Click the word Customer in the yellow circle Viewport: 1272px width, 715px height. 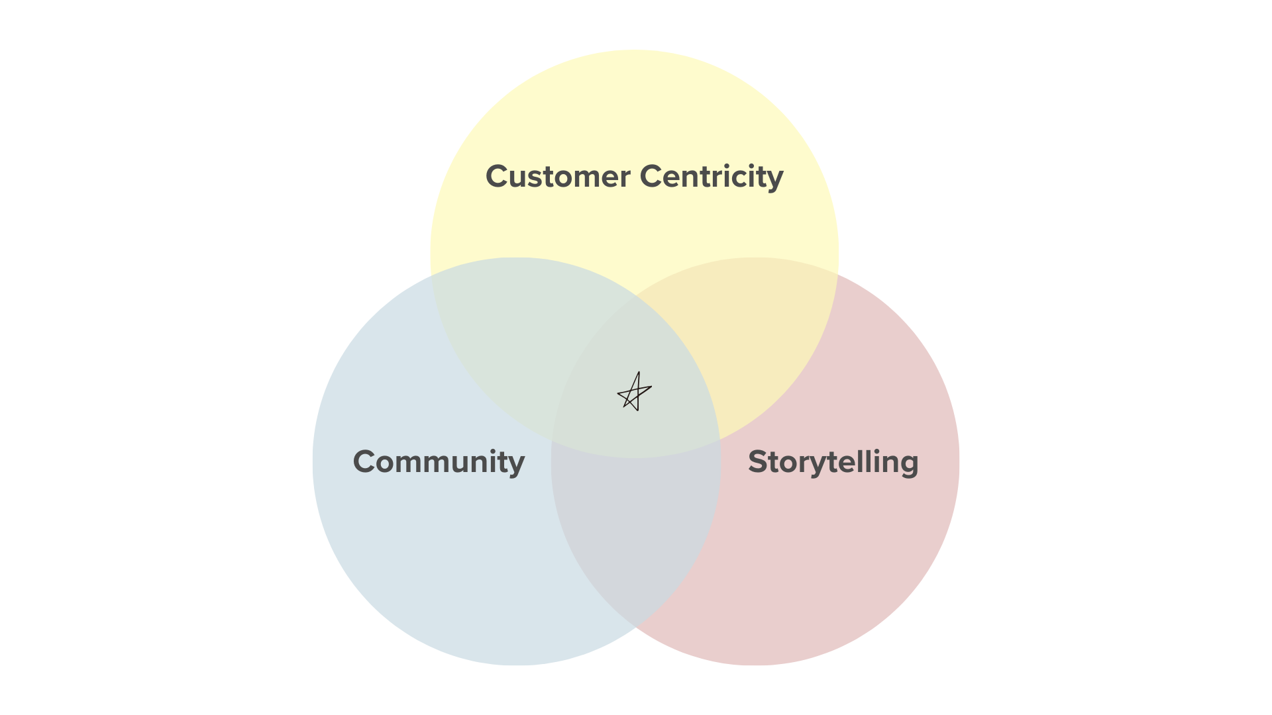click(558, 177)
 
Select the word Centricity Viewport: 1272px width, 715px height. click(712, 177)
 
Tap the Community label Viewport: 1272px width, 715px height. click(439, 462)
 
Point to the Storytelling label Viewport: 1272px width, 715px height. click(833, 462)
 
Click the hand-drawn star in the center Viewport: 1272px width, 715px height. click(634, 392)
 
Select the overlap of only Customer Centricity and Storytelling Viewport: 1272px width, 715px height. click(762, 344)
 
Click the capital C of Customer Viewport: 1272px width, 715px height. click(499, 177)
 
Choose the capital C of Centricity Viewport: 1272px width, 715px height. click(653, 177)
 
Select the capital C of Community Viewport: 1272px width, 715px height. click(366, 461)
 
